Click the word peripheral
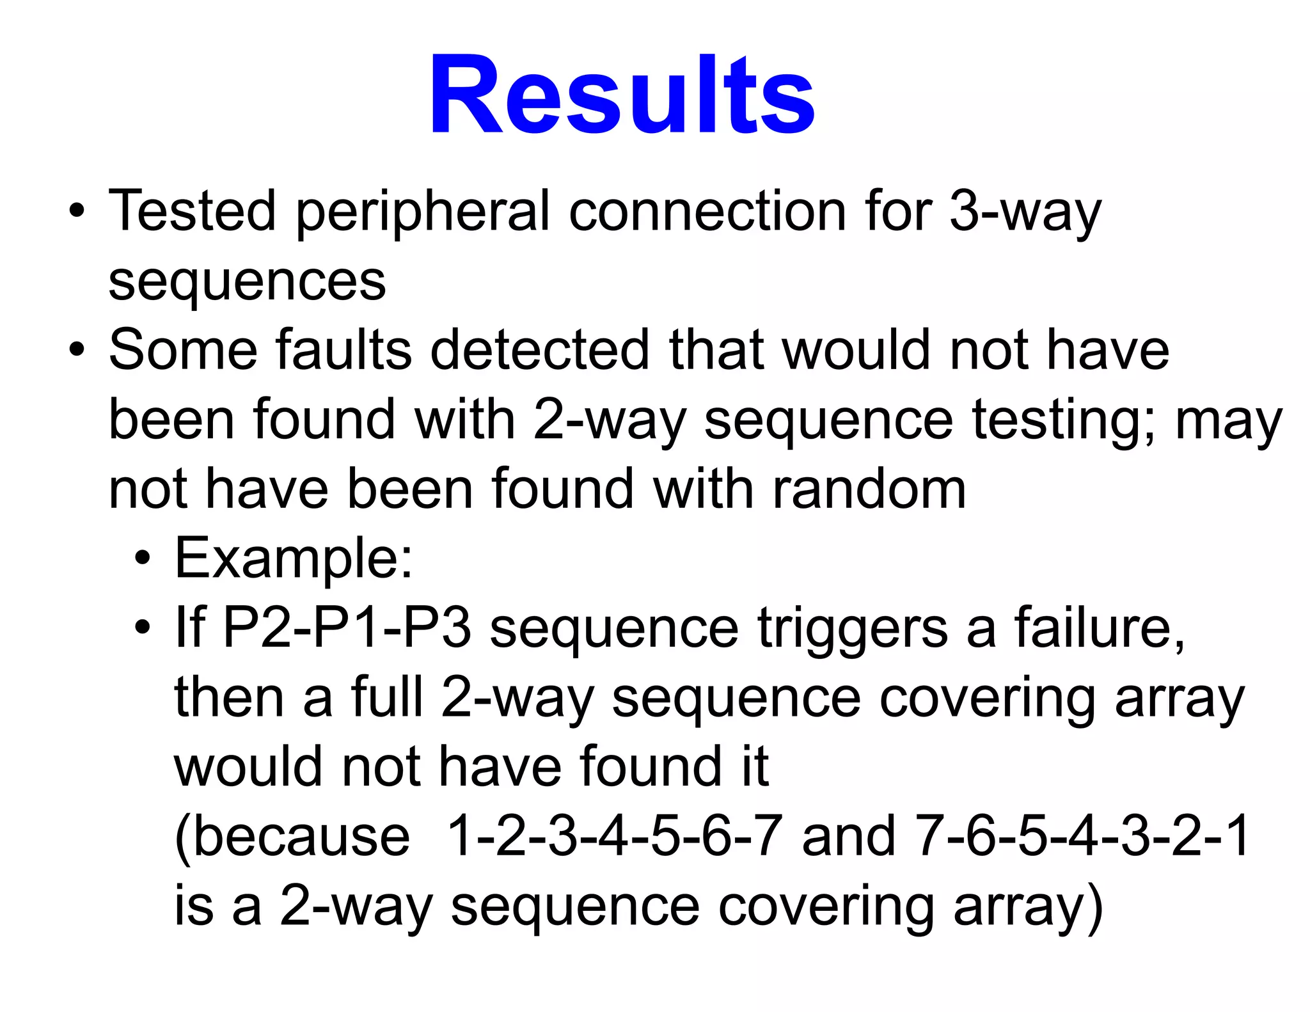pyautogui.click(x=422, y=212)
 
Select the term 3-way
pyautogui.click(x=1024, y=212)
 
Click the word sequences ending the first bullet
pyautogui.click(x=247, y=281)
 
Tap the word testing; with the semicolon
pyautogui.click(x=1063, y=420)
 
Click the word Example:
pyautogui.click(x=294, y=559)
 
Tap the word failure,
pyautogui.click(x=1100, y=628)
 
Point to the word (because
pyautogui.click(x=292, y=837)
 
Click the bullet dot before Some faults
pyautogui.click(x=77, y=350)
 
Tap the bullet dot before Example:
pyautogui.click(x=143, y=559)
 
